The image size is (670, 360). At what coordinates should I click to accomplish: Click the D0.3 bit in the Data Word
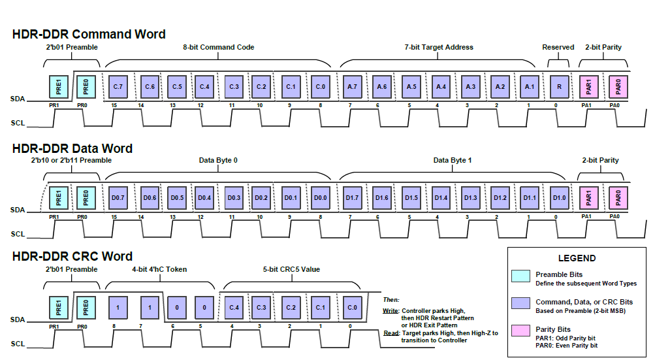[x=234, y=197]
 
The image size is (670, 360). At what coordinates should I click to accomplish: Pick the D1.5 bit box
[x=411, y=197]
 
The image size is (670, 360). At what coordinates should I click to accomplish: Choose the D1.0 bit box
[x=558, y=197]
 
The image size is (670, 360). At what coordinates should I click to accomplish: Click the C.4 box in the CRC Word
[x=234, y=307]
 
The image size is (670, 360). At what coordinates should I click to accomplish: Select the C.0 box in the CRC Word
[x=352, y=307]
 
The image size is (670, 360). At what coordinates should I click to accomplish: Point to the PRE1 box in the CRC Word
[x=59, y=307]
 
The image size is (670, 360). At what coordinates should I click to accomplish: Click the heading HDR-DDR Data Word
[x=72, y=148]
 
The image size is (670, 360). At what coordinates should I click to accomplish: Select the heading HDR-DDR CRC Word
[x=72, y=256]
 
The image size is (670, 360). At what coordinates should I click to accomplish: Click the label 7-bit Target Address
[x=439, y=47]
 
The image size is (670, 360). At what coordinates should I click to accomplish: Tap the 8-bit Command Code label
[x=219, y=47]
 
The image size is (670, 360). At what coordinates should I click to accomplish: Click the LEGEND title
[x=577, y=258]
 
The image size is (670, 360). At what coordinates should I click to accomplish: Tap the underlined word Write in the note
[x=391, y=311]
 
